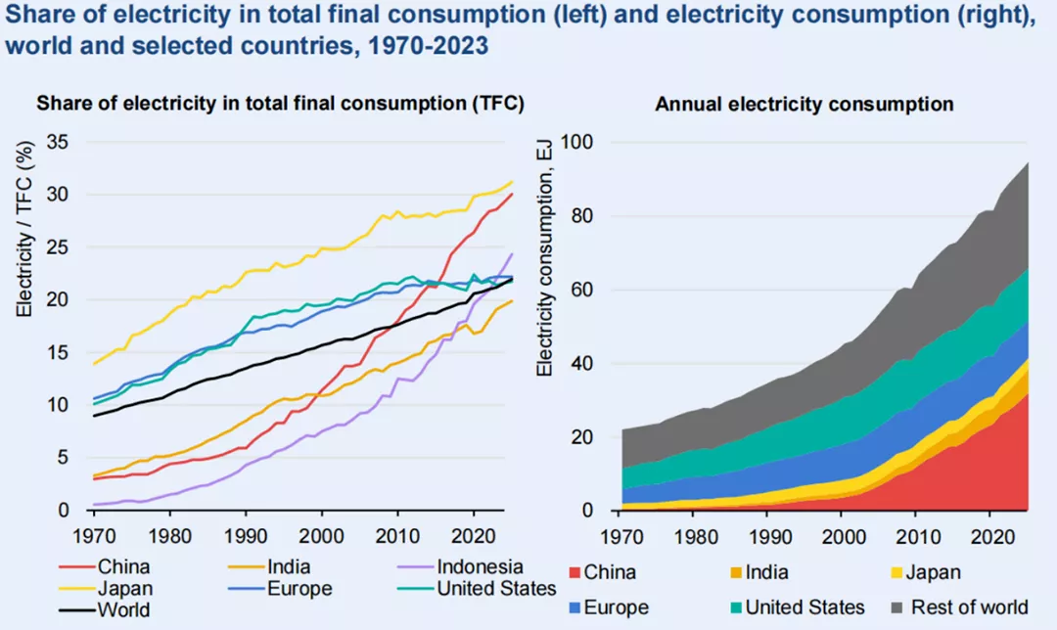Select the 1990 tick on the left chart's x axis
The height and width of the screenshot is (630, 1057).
pyautogui.click(x=247, y=536)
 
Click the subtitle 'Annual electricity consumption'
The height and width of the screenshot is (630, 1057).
pyautogui.click(x=804, y=104)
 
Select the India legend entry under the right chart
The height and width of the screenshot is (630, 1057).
pyautogui.click(x=763, y=572)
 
